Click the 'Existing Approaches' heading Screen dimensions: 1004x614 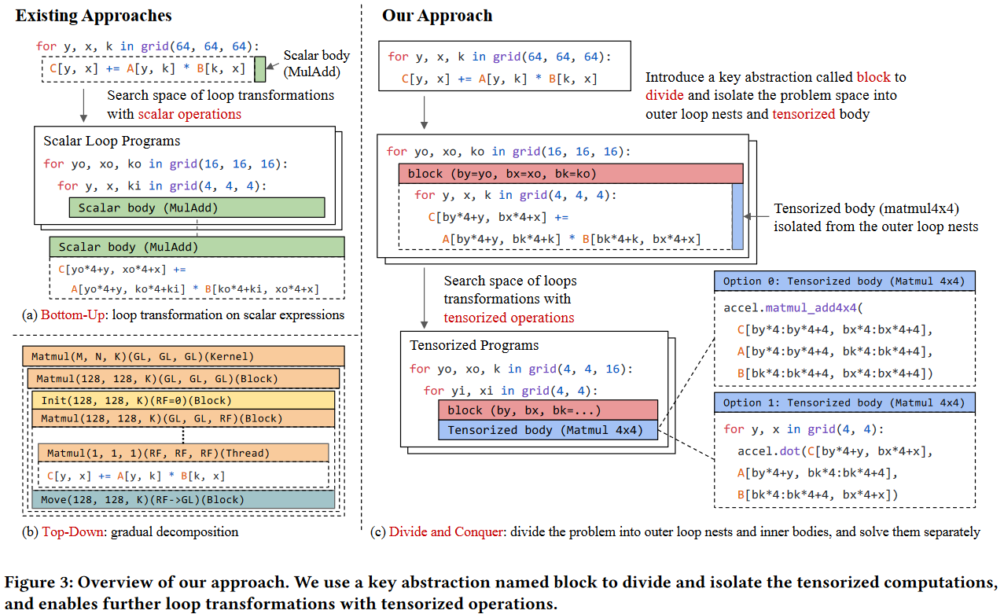point(94,16)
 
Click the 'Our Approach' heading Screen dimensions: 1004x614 point(437,16)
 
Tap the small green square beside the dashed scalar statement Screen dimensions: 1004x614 point(260,69)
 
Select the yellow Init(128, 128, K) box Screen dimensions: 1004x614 point(183,400)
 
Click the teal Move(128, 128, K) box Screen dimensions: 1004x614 point(183,500)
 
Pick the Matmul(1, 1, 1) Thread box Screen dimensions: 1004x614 point(183,453)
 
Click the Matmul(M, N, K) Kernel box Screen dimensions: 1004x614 point(183,356)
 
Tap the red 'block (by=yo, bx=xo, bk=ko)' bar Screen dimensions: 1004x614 point(571,174)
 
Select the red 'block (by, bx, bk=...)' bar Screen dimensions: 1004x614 point(548,410)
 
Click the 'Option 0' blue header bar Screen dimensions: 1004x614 point(844,281)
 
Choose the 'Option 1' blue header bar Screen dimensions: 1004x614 point(844,403)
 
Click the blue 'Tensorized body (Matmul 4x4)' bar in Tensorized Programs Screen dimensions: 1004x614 point(548,430)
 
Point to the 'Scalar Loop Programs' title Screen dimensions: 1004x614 point(112,141)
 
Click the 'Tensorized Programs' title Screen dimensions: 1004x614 point(474,345)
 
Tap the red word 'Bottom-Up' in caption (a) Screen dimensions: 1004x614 point(72,315)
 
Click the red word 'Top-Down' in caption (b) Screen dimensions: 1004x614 point(72,532)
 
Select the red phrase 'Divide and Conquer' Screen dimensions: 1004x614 point(446,532)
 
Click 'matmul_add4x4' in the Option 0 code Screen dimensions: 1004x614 point(811,308)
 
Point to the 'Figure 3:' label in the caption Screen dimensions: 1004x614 point(39,583)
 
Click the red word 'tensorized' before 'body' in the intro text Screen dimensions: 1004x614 point(804,114)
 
